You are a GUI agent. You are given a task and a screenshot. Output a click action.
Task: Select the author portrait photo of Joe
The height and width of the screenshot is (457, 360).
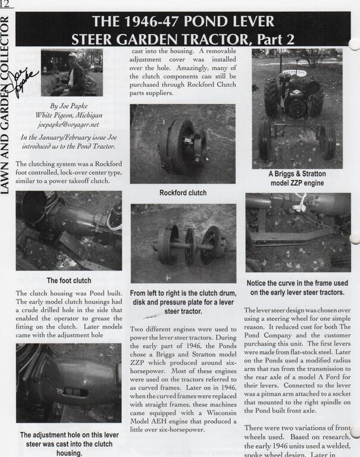click(x=71, y=73)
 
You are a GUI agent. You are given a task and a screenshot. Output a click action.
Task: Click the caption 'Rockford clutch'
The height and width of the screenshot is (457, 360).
click(x=183, y=193)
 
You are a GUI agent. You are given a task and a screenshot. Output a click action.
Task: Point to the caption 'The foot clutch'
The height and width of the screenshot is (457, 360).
click(x=69, y=281)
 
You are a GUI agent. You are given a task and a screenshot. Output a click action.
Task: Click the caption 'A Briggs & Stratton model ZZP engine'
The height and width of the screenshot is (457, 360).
click(x=296, y=179)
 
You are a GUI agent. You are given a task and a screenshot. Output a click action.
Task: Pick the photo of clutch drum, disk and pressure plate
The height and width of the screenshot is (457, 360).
click(x=183, y=243)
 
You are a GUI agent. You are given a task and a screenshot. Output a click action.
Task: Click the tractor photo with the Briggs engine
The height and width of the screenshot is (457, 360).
click(x=297, y=108)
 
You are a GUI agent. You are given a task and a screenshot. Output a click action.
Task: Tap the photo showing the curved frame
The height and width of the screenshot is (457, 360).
click(x=298, y=233)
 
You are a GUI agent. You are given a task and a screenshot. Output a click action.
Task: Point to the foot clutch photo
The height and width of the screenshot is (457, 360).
click(x=69, y=230)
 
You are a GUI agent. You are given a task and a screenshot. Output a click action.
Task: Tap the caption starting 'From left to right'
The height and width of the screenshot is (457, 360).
click(x=183, y=302)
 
